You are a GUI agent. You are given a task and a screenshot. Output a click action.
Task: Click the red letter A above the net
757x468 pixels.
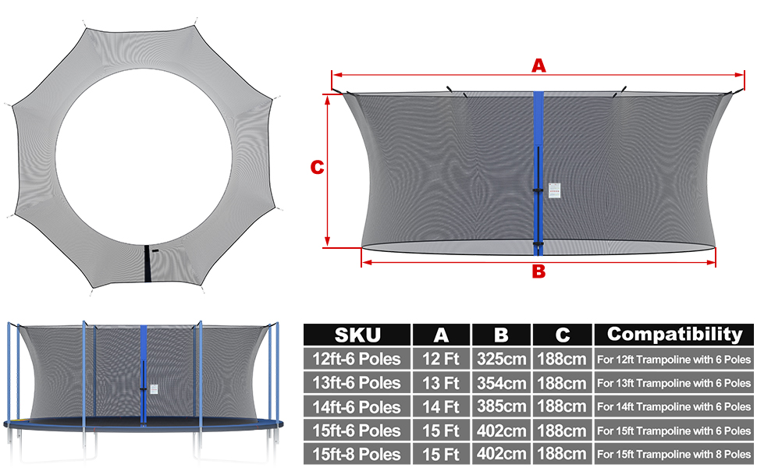tap(538, 66)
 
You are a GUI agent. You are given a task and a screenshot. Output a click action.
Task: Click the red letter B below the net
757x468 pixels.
tap(538, 271)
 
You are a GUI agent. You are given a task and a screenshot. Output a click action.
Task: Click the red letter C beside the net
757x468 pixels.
tap(317, 168)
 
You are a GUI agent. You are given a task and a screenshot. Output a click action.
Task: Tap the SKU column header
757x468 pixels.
tap(357, 335)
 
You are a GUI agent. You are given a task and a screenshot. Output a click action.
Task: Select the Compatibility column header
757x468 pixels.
tap(674, 334)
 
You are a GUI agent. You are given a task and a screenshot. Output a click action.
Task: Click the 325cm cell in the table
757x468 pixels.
tap(501, 359)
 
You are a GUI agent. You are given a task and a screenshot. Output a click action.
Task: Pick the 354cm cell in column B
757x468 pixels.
tap(501, 383)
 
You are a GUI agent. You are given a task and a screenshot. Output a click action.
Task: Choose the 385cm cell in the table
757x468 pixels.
tap(501, 406)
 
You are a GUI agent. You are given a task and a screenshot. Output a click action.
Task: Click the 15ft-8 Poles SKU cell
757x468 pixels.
tap(357, 454)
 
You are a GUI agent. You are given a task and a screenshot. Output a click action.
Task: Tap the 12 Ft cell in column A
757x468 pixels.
tap(440, 359)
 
